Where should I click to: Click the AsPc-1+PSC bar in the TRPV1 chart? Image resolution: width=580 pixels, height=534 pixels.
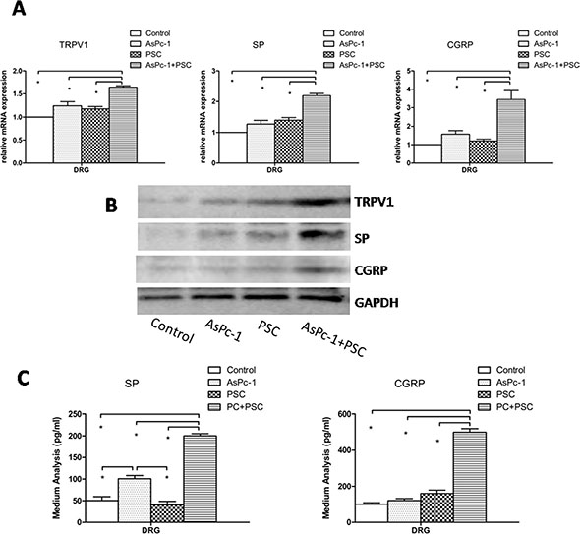[x=123, y=125]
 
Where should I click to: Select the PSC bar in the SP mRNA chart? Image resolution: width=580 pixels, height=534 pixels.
[x=288, y=142]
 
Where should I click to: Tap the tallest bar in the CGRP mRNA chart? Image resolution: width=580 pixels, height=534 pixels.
[x=511, y=131]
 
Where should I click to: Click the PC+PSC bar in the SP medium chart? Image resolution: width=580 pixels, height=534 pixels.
[x=201, y=479]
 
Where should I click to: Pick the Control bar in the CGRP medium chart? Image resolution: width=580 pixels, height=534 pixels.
[x=371, y=513]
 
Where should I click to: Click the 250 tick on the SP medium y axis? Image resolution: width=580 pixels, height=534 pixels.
[x=75, y=414]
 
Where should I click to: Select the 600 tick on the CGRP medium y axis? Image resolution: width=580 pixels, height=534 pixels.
[x=344, y=414]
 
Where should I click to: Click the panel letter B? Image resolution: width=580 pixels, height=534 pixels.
[x=111, y=206]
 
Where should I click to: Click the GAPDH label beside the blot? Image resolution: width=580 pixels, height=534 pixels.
[x=377, y=303]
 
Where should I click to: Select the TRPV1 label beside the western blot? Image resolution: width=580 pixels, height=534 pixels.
[x=374, y=202]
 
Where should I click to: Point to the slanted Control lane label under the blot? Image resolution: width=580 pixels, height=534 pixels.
[x=172, y=330]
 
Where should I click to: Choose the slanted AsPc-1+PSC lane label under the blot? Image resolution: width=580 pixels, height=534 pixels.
[x=333, y=339]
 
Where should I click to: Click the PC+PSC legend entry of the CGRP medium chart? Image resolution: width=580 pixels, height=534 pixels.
[x=506, y=407]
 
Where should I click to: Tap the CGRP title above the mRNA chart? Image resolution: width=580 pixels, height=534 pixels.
[x=460, y=45]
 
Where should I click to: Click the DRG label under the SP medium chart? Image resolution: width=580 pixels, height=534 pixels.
[x=151, y=530]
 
